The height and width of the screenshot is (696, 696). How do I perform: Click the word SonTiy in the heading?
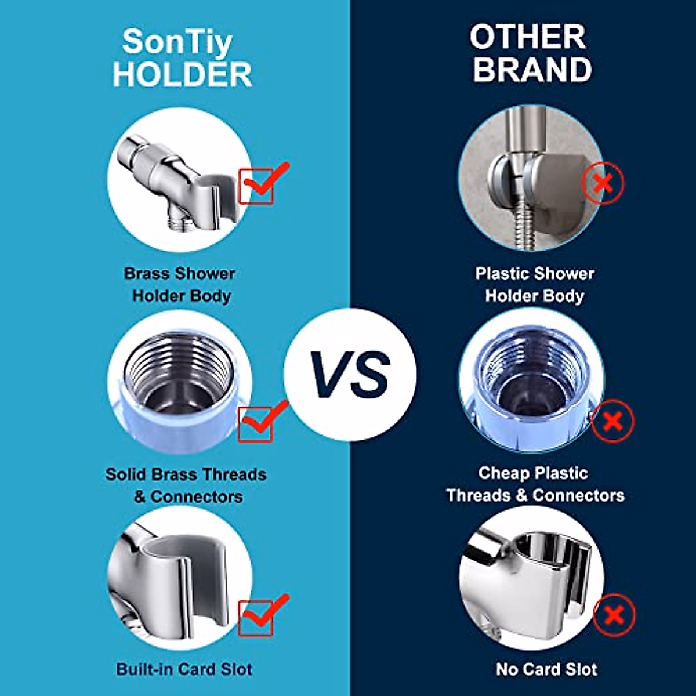(x=177, y=42)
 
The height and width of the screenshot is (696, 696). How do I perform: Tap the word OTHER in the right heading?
(x=528, y=37)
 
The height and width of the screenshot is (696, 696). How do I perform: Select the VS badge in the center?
(x=350, y=374)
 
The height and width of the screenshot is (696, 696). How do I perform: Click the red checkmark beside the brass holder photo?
(x=264, y=181)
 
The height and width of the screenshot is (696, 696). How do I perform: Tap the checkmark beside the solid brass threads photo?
(x=264, y=419)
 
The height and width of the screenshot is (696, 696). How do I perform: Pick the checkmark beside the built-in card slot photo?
(x=264, y=613)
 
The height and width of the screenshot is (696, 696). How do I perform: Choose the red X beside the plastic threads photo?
(x=612, y=421)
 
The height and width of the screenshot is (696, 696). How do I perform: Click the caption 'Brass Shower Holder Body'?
(x=180, y=284)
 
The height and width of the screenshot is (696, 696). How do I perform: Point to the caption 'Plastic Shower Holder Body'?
(x=534, y=284)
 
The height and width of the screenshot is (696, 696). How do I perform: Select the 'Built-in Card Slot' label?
(x=184, y=669)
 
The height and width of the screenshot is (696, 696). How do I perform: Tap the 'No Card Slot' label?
(x=546, y=669)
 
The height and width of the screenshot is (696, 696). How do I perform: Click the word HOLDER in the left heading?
(x=182, y=75)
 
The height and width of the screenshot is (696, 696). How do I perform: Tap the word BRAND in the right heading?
(x=532, y=70)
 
